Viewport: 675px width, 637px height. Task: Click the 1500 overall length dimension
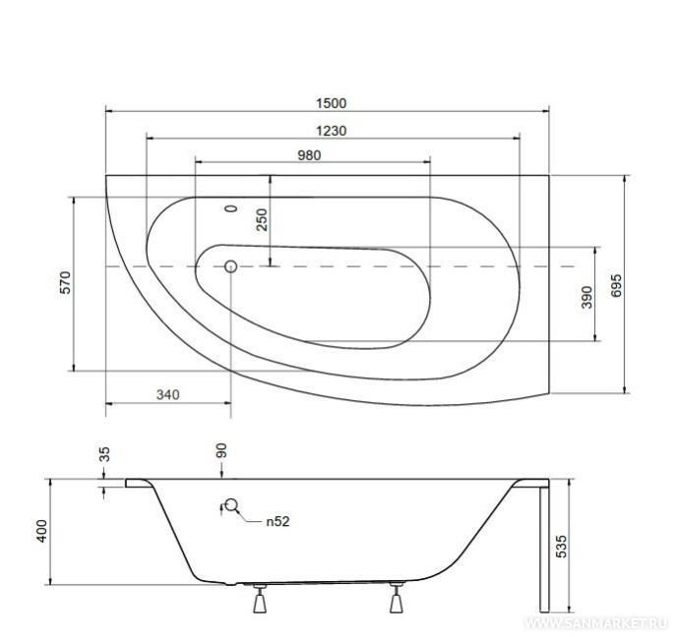(331, 103)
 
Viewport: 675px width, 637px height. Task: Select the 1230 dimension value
(331, 131)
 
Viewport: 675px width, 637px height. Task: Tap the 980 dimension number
(309, 155)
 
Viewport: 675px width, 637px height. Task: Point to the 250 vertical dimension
(262, 219)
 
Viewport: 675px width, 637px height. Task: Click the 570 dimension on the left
(65, 282)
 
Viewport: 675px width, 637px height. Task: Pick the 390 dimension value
(586, 297)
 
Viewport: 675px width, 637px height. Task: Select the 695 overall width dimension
(616, 285)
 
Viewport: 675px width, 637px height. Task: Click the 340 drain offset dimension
(167, 394)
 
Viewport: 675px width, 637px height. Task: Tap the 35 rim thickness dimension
(104, 454)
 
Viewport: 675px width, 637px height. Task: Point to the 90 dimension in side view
(221, 451)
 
